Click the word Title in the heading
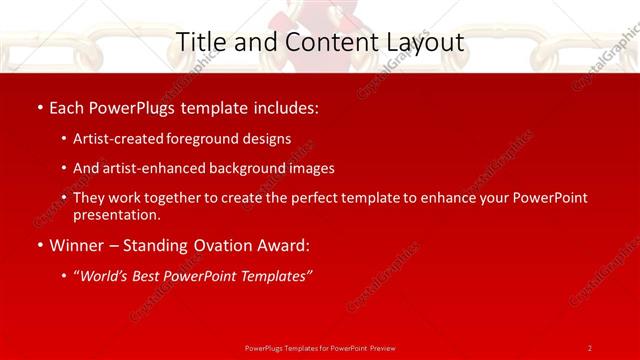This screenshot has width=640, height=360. [198, 42]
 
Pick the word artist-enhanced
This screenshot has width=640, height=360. [154, 168]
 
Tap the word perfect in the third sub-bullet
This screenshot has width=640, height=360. [321, 198]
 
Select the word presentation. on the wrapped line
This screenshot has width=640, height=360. [117, 214]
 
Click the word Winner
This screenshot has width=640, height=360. [78, 246]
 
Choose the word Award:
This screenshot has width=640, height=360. [283, 246]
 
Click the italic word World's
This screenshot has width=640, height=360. [106, 276]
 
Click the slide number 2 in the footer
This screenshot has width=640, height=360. [590, 347]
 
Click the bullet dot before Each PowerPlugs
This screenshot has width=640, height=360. [39, 107]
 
